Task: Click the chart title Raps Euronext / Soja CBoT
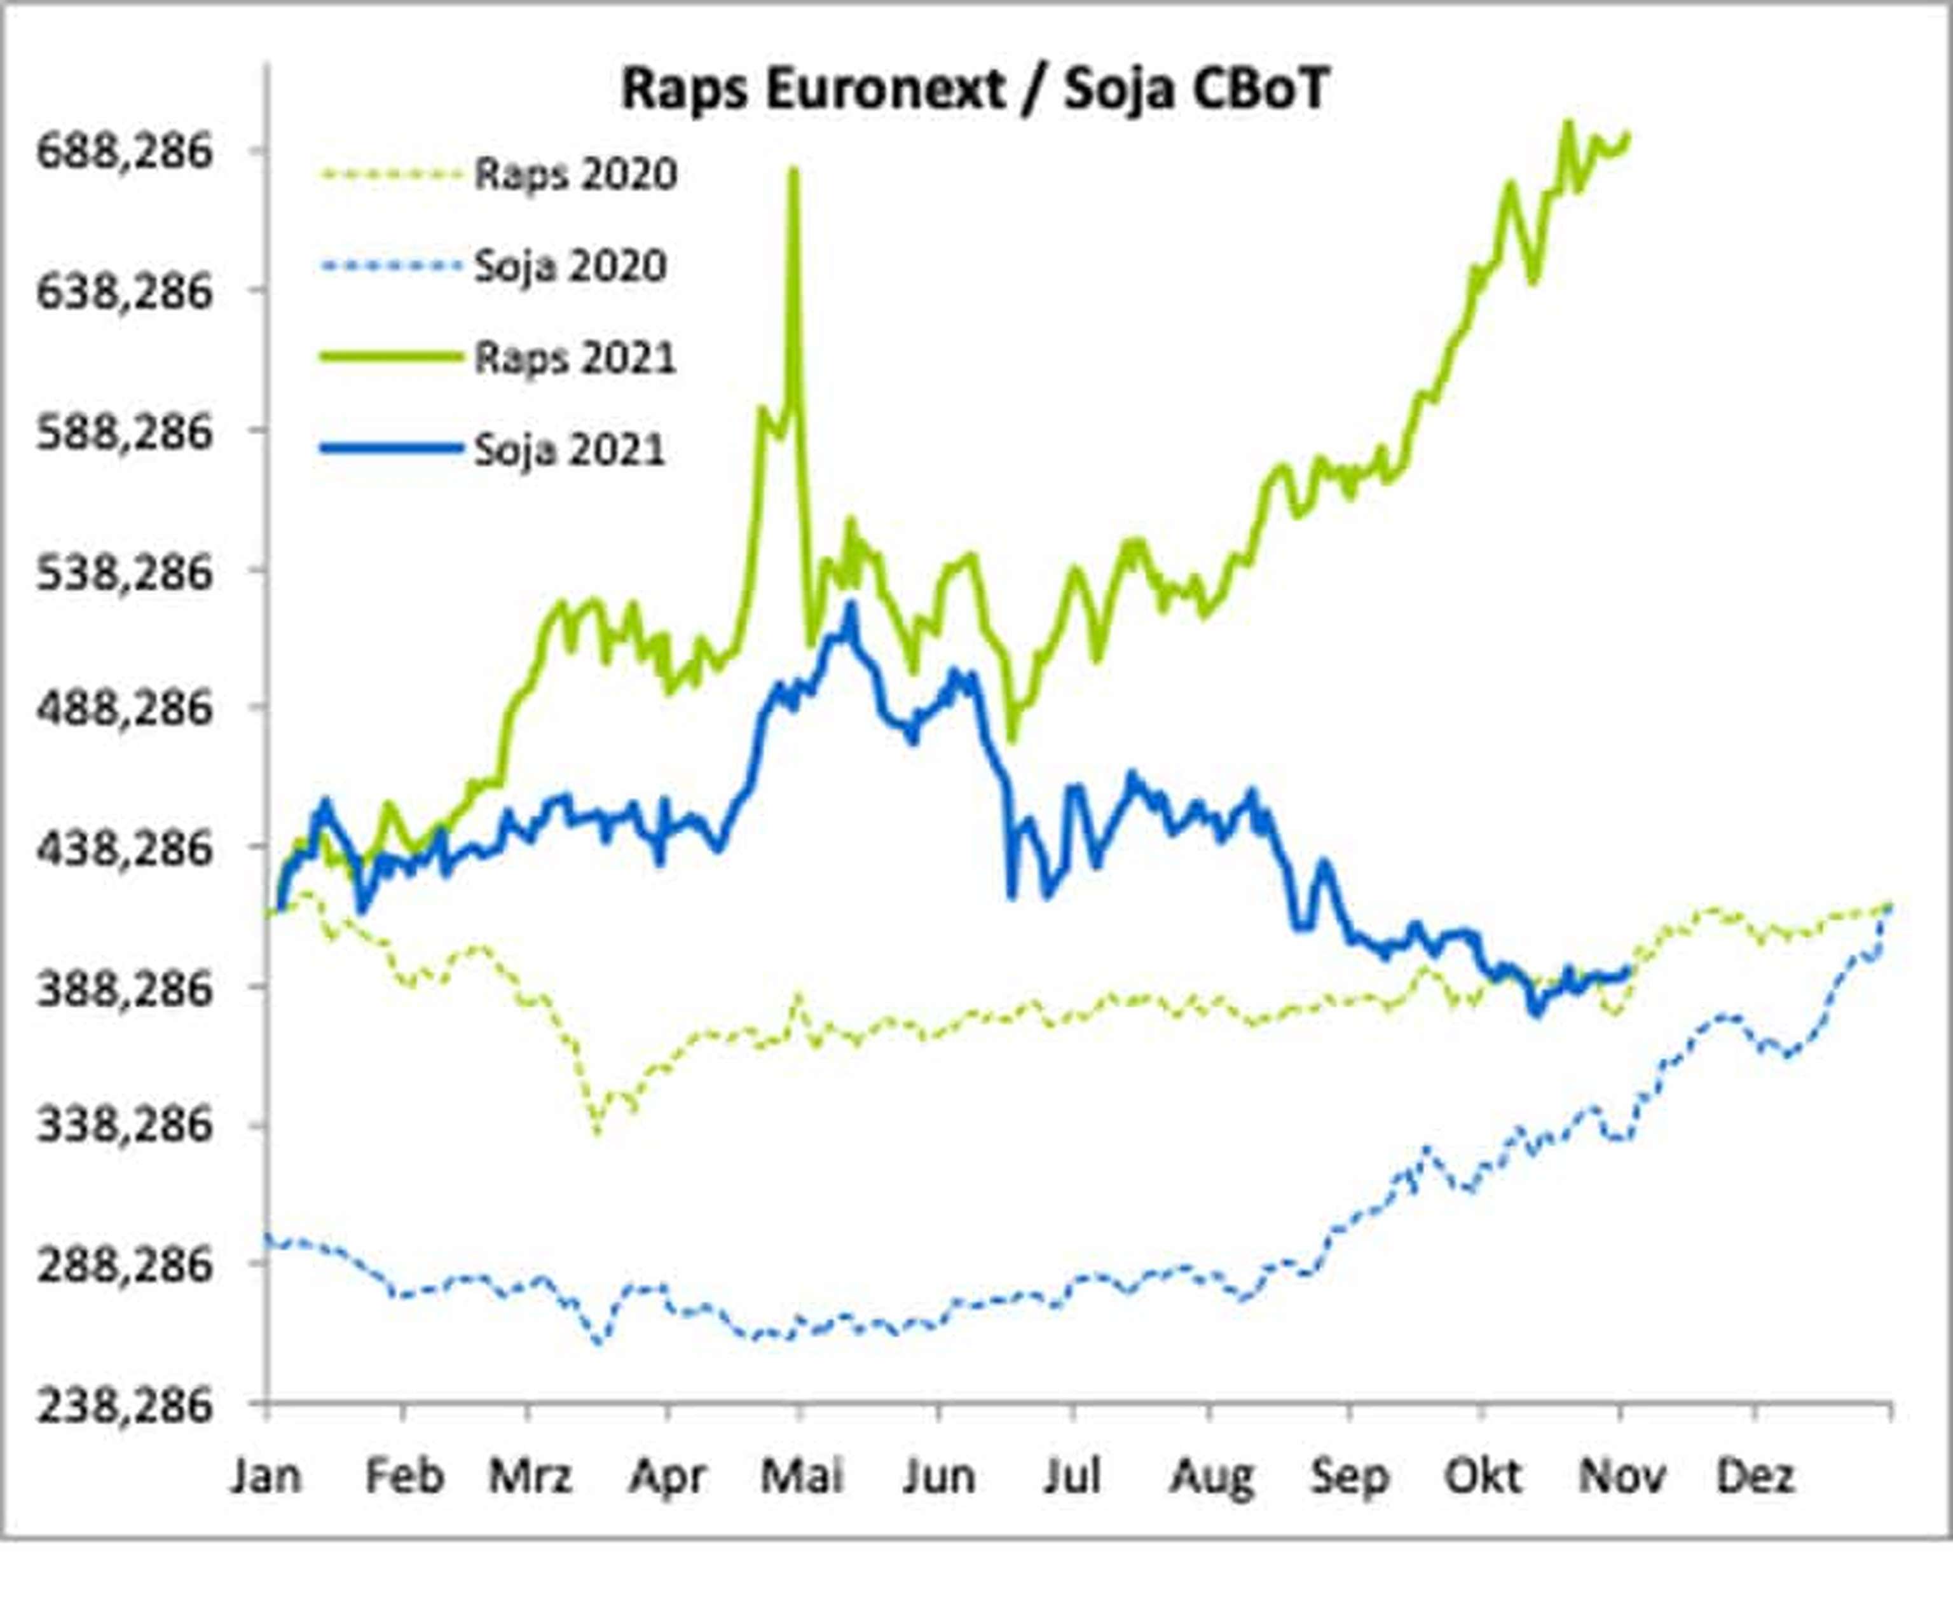[974, 90]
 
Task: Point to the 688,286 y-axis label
[124, 151]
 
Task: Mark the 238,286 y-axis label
[124, 1406]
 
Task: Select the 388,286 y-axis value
[124, 988]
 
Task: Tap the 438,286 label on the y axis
[124, 848]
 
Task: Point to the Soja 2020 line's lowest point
[600, 1342]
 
